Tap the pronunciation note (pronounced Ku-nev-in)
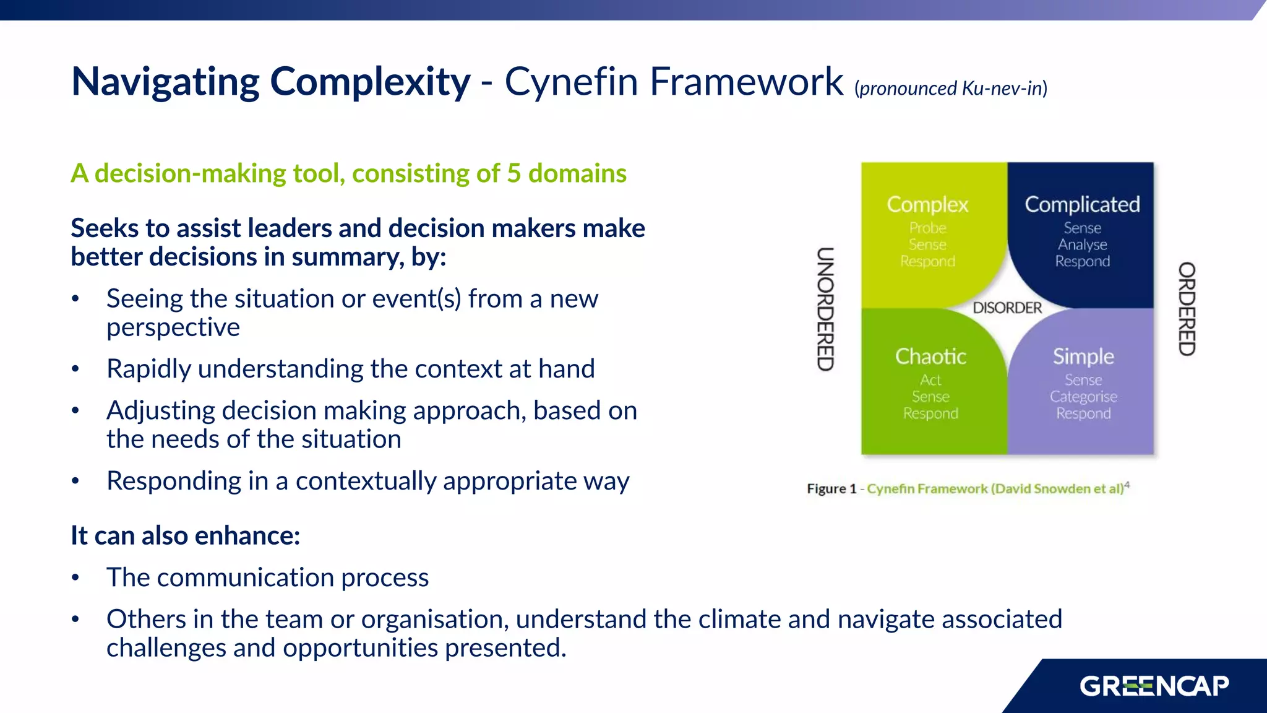950,89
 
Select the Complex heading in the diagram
927,204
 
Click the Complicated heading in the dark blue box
1081,204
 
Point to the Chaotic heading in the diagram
930,356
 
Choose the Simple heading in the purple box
1083,356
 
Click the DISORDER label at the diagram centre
1007,308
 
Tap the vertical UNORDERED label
825,309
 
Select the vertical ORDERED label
1186,309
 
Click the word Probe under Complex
927,228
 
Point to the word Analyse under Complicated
1081,244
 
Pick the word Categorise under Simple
1083,397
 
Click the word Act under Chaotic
930,380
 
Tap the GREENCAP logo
1154,686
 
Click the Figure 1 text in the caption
831,489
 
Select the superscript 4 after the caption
1127,485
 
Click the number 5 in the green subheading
513,173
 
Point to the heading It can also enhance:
185,535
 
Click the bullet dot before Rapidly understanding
75,369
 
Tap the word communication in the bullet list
251,577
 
